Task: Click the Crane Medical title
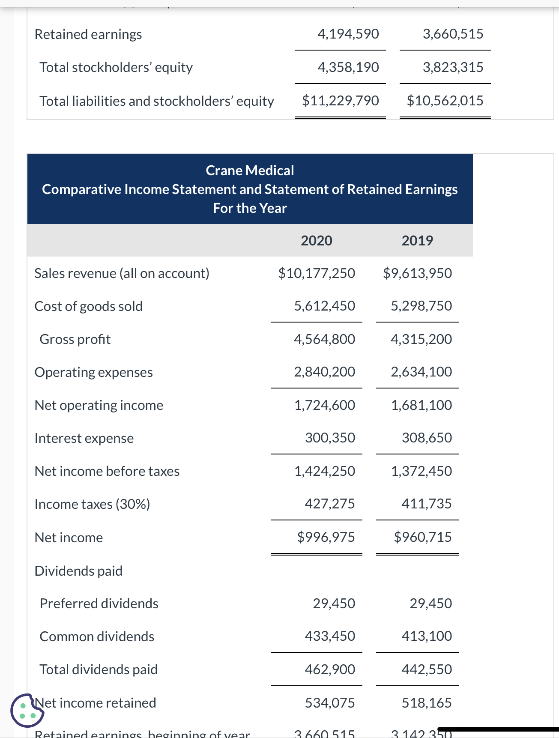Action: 250,170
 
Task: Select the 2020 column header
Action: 316,241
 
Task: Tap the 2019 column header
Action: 417,241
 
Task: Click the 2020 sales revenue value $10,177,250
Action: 317,273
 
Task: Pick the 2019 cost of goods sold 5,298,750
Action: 421,306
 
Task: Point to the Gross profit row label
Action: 75,339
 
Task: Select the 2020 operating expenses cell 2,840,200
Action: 324,372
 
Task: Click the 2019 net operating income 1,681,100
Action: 421,405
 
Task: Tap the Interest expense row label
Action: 84,438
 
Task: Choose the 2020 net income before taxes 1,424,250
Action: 324,471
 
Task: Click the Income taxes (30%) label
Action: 92,504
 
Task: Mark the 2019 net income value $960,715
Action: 422,537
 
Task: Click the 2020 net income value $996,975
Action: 326,537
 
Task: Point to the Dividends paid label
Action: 78,571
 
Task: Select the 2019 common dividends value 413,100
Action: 427,636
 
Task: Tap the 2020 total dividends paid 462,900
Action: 330,669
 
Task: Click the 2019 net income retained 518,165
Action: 427,703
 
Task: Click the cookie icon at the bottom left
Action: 27,710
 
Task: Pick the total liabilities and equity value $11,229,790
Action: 341,101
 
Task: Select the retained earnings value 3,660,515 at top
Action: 453,34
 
